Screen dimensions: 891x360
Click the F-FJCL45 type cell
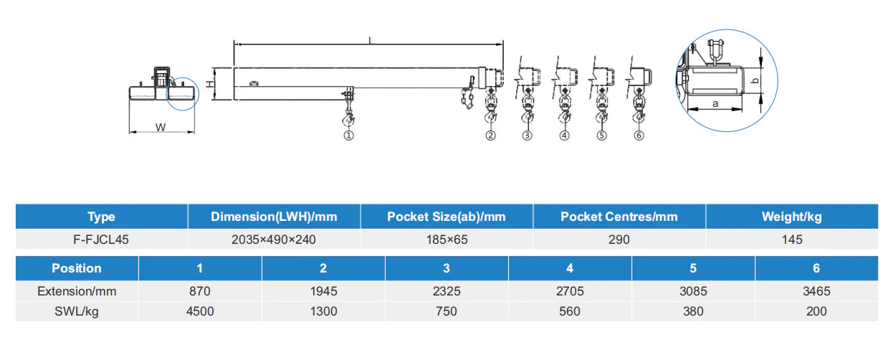pyautogui.click(x=101, y=240)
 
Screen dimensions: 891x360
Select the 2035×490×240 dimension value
pyautogui.click(x=274, y=240)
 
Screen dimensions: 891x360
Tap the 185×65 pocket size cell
pyautogui.click(x=447, y=240)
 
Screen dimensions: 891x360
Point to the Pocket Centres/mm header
pyautogui.click(x=619, y=217)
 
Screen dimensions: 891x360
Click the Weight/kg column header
pyautogui.click(x=791, y=217)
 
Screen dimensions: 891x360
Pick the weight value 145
pyautogui.click(x=792, y=240)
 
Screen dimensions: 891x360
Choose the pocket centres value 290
pyautogui.click(x=619, y=240)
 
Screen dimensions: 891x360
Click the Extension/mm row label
pyautogui.click(x=77, y=291)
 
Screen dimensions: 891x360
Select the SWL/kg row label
pyautogui.click(x=77, y=311)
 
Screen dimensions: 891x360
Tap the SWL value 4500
pyautogui.click(x=200, y=311)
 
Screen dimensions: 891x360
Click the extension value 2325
pyautogui.click(x=447, y=291)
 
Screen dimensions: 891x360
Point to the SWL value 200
pyautogui.click(x=816, y=311)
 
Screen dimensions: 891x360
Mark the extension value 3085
pyautogui.click(x=693, y=291)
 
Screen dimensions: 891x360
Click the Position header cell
pyautogui.click(x=77, y=268)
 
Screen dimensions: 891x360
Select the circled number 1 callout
pyautogui.click(x=348, y=136)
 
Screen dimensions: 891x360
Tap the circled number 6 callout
pyautogui.click(x=639, y=136)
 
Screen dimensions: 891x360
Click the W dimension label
pyautogui.click(x=161, y=128)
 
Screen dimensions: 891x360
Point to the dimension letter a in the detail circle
pyautogui.click(x=715, y=104)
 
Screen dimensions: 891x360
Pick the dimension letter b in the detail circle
pyautogui.click(x=756, y=81)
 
